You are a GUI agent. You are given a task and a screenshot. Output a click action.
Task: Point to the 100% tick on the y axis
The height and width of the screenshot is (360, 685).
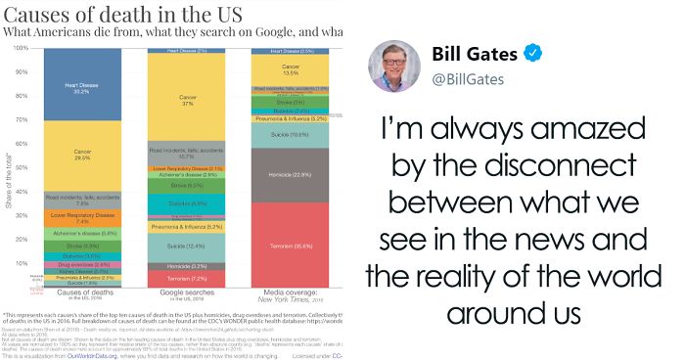19,48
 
